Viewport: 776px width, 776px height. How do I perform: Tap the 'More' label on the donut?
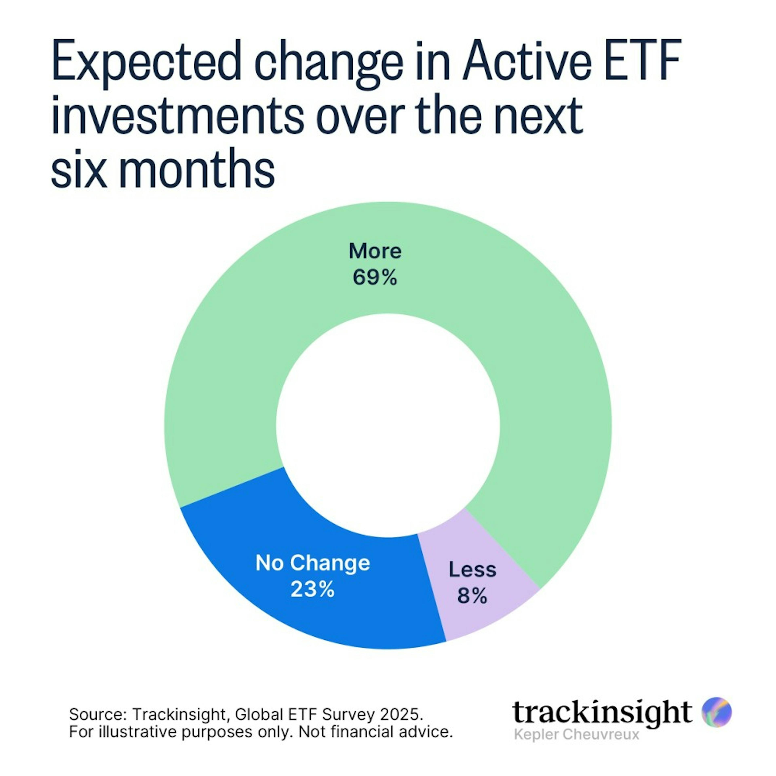(x=375, y=251)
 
